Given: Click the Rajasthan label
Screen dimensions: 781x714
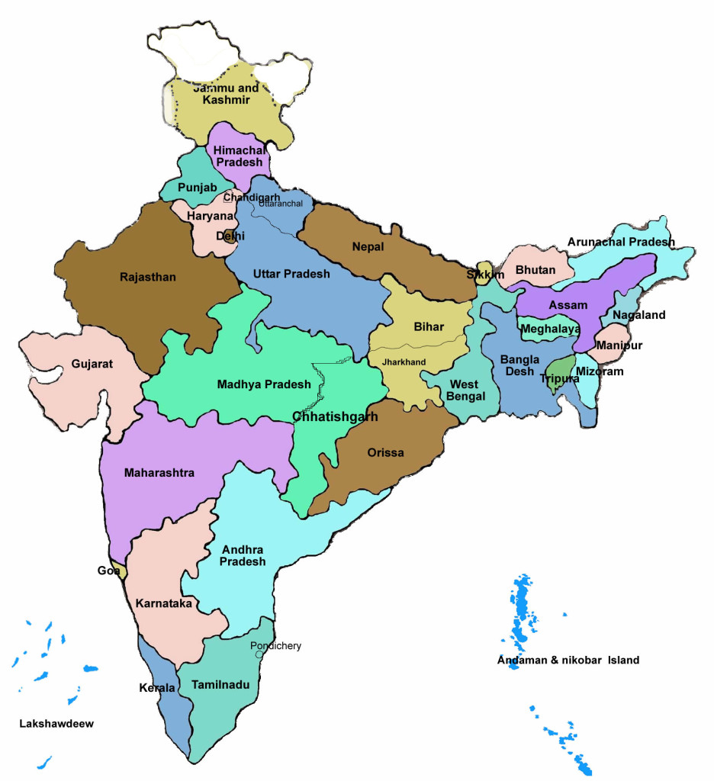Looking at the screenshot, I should tap(147, 277).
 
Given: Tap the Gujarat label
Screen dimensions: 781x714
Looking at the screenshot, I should tap(92, 364).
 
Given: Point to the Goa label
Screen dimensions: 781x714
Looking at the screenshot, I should tap(107, 570).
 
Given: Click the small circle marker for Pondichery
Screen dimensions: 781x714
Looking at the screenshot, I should tap(259, 654).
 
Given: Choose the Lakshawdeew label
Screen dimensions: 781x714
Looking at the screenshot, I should tap(56, 724).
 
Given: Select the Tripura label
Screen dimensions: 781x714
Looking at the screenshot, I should tap(559, 378).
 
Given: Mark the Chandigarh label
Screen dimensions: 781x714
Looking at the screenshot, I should tap(252, 198).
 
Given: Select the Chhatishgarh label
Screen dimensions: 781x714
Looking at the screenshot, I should tap(335, 416).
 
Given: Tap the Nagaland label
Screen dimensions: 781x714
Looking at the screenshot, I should tap(637, 315).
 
